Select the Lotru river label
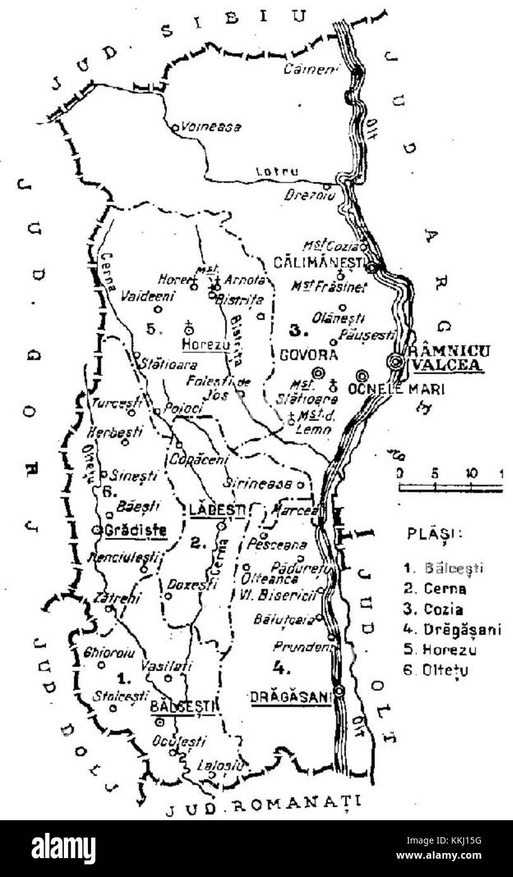[272, 172]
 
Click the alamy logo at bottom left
[63, 848]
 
